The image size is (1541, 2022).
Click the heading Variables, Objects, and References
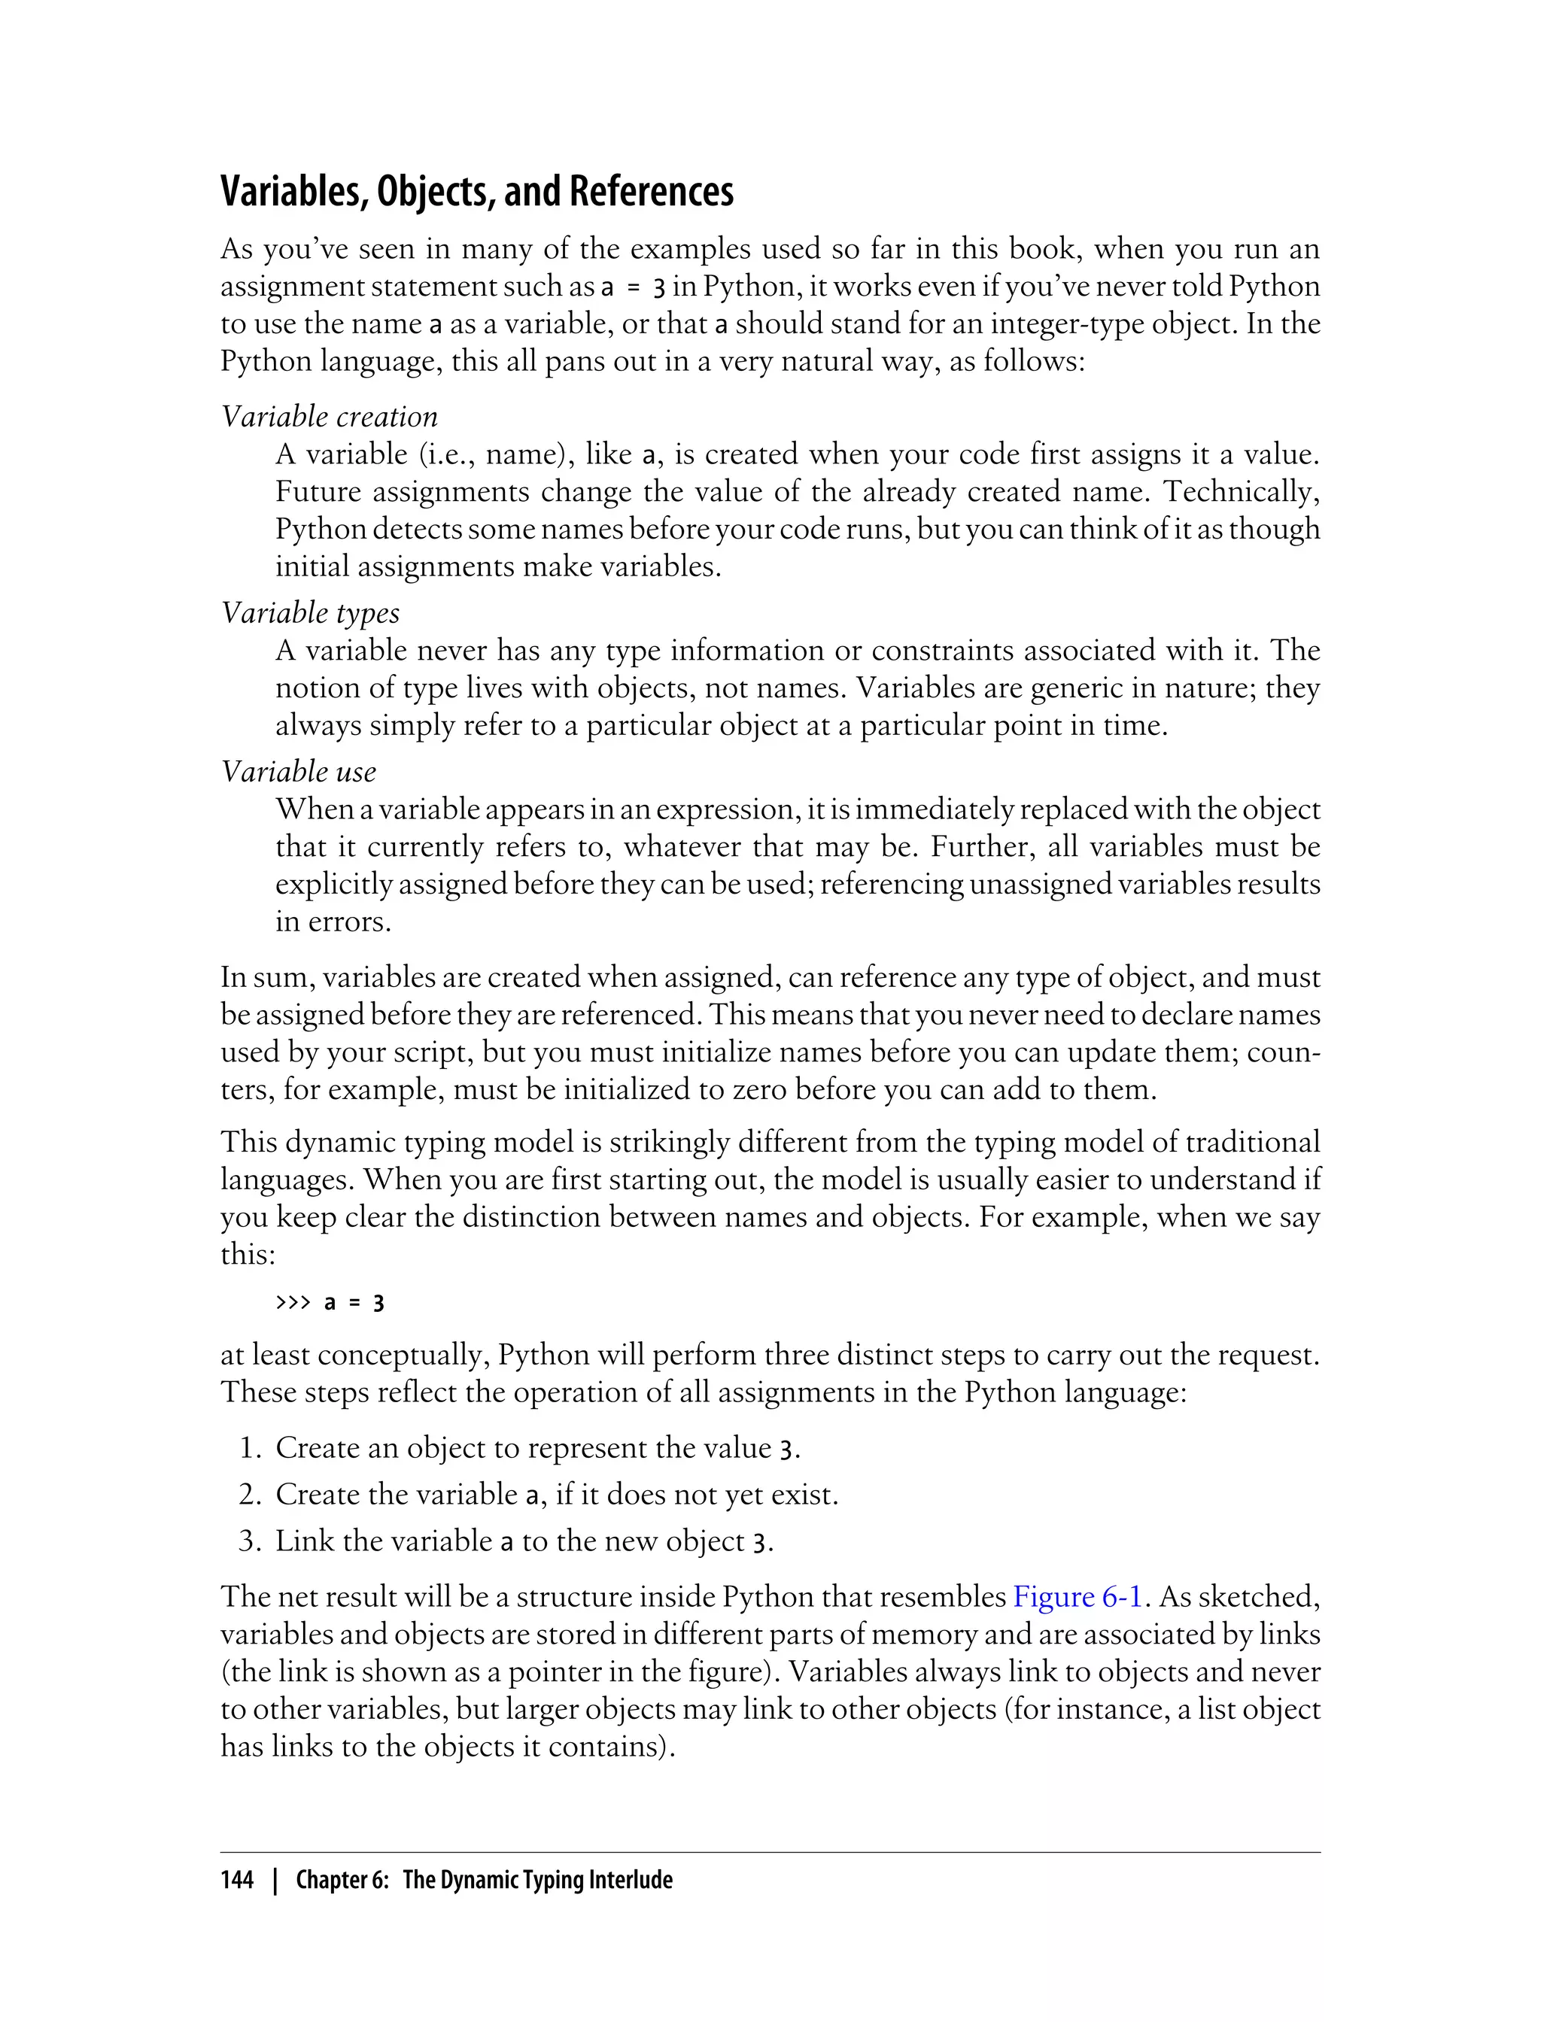pyautogui.click(x=477, y=192)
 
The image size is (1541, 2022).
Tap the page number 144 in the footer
pyautogui.click(x=237, y=1880)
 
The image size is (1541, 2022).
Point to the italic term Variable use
pyautogui.click(x=299, y=771)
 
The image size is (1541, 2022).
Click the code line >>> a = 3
pyautogui.click(x=330, y=1303)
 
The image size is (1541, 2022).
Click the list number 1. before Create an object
pyautogui.click(x=251, y=1448)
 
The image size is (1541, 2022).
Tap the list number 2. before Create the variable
pyautogui.click(x=251, y=1495)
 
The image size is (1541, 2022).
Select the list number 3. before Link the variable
pyautogui.click(x=251, y=1541)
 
